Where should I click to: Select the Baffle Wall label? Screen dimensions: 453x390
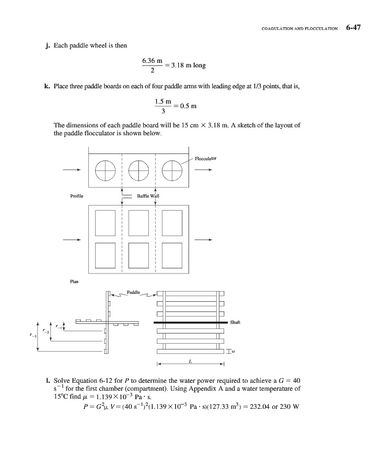(x=148, y=196)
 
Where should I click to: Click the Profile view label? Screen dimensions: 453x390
(x=76, y=196)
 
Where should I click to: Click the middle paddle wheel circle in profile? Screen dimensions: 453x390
(x=139, y=169)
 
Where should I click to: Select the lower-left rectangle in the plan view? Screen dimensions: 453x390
(x=106, y=253)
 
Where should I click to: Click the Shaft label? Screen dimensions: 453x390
(x=235, y=323)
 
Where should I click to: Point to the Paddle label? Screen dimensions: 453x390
(x=133, y=293)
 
